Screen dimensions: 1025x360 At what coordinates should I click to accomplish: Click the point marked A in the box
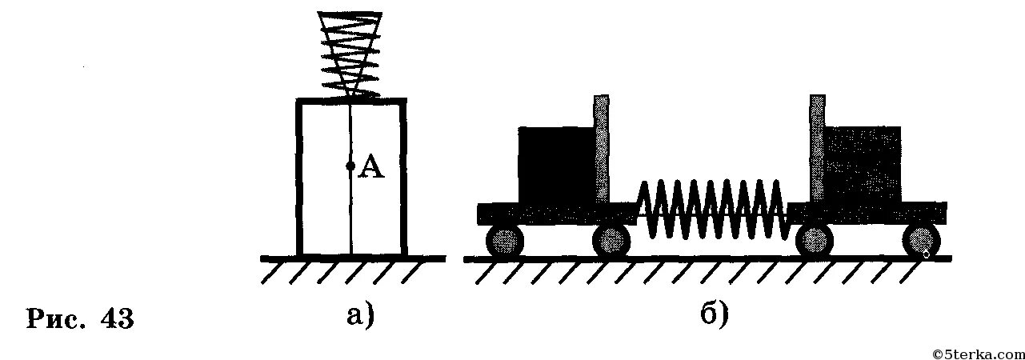(350, 166)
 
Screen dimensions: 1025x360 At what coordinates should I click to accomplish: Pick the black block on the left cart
(556, 165)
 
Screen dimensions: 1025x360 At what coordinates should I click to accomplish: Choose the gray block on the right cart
(863, 165)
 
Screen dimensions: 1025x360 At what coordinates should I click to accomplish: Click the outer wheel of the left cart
(504, 240)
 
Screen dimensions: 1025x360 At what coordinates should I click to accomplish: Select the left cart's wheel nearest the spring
(611, 240)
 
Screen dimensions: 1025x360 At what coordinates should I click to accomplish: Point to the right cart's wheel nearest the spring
(814, 240)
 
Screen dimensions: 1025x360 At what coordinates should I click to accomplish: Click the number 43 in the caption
(117, 318)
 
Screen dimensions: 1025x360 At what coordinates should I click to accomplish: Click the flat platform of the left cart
(552, 214)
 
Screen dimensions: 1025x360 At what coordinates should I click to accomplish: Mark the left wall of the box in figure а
(300, 176)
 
